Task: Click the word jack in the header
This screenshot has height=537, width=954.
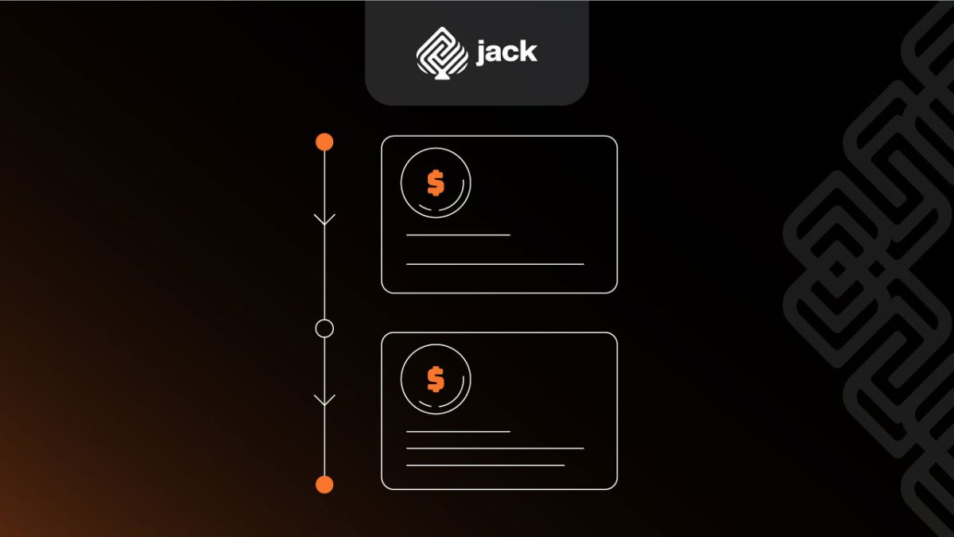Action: point(506,53)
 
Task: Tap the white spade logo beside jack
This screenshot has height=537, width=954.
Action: point(442,52)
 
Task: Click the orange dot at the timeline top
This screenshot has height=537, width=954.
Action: point(324,142)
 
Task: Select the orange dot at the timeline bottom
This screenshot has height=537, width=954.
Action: point(324,484)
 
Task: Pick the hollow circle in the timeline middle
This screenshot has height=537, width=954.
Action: point(324,328)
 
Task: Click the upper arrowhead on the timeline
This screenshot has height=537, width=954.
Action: point(324,220)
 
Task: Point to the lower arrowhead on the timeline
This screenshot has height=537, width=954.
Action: point(324,399)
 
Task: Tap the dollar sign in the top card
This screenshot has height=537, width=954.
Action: point(436,183)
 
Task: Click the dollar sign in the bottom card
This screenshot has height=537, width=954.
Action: point(436,379)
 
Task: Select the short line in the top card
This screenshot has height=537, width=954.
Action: point(458,235)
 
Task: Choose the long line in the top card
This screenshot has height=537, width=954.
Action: point(494,263)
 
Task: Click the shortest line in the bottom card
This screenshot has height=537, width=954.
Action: point(458,431)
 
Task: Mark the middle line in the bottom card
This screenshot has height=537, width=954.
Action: point(494,448)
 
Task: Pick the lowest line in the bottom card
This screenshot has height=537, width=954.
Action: point(485,465)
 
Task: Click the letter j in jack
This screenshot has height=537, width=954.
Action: point(481,53)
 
